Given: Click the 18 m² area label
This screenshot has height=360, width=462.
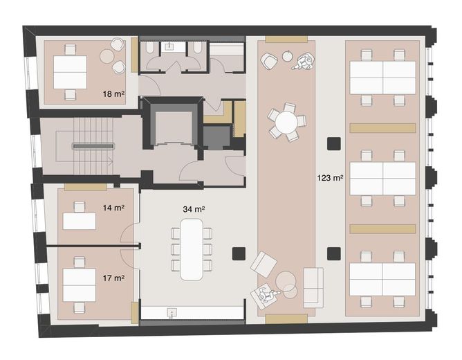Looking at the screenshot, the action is tap(113, 94).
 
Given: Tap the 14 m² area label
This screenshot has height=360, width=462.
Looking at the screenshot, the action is tap(113, 208).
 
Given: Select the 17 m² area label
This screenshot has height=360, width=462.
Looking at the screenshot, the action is tap(113, 278).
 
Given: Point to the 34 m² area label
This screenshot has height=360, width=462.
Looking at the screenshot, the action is tap(194, 209).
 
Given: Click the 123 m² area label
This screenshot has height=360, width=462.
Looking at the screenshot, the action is tap(330, 178).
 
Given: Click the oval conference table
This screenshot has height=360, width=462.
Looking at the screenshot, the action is tap(192, 249).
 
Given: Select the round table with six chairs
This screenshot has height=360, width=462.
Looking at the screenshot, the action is tap(286, 122).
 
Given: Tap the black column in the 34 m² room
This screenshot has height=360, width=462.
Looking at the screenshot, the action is tap(239, 253).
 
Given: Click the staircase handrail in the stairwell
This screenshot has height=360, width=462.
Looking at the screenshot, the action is tap(93, 146).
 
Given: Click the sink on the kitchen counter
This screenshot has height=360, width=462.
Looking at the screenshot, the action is tap(172, 313).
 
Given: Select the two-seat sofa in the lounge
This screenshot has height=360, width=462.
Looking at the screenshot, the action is tap(313, 287).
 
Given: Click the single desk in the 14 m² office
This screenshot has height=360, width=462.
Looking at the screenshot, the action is tap(80, 221).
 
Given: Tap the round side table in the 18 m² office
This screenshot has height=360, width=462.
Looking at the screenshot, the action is tap(107, 56).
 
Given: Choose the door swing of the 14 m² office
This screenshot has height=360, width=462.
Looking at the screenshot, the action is tap(129, 232).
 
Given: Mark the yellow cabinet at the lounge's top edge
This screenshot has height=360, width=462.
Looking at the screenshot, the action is tap(286, 39).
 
